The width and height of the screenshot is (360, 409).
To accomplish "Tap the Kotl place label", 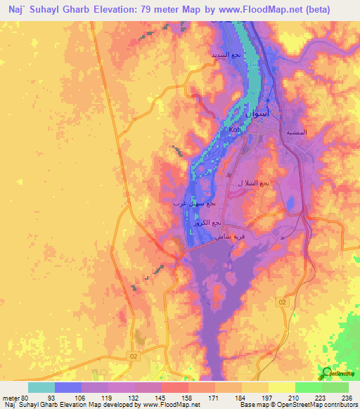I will click(235, 130).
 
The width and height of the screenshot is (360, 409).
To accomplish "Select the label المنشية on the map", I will click(296, 132).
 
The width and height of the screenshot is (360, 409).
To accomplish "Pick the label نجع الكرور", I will click(208, 222).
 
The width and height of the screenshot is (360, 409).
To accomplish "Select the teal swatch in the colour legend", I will click(41, 387).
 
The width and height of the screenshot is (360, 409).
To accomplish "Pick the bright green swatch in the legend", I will click(309, 387).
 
